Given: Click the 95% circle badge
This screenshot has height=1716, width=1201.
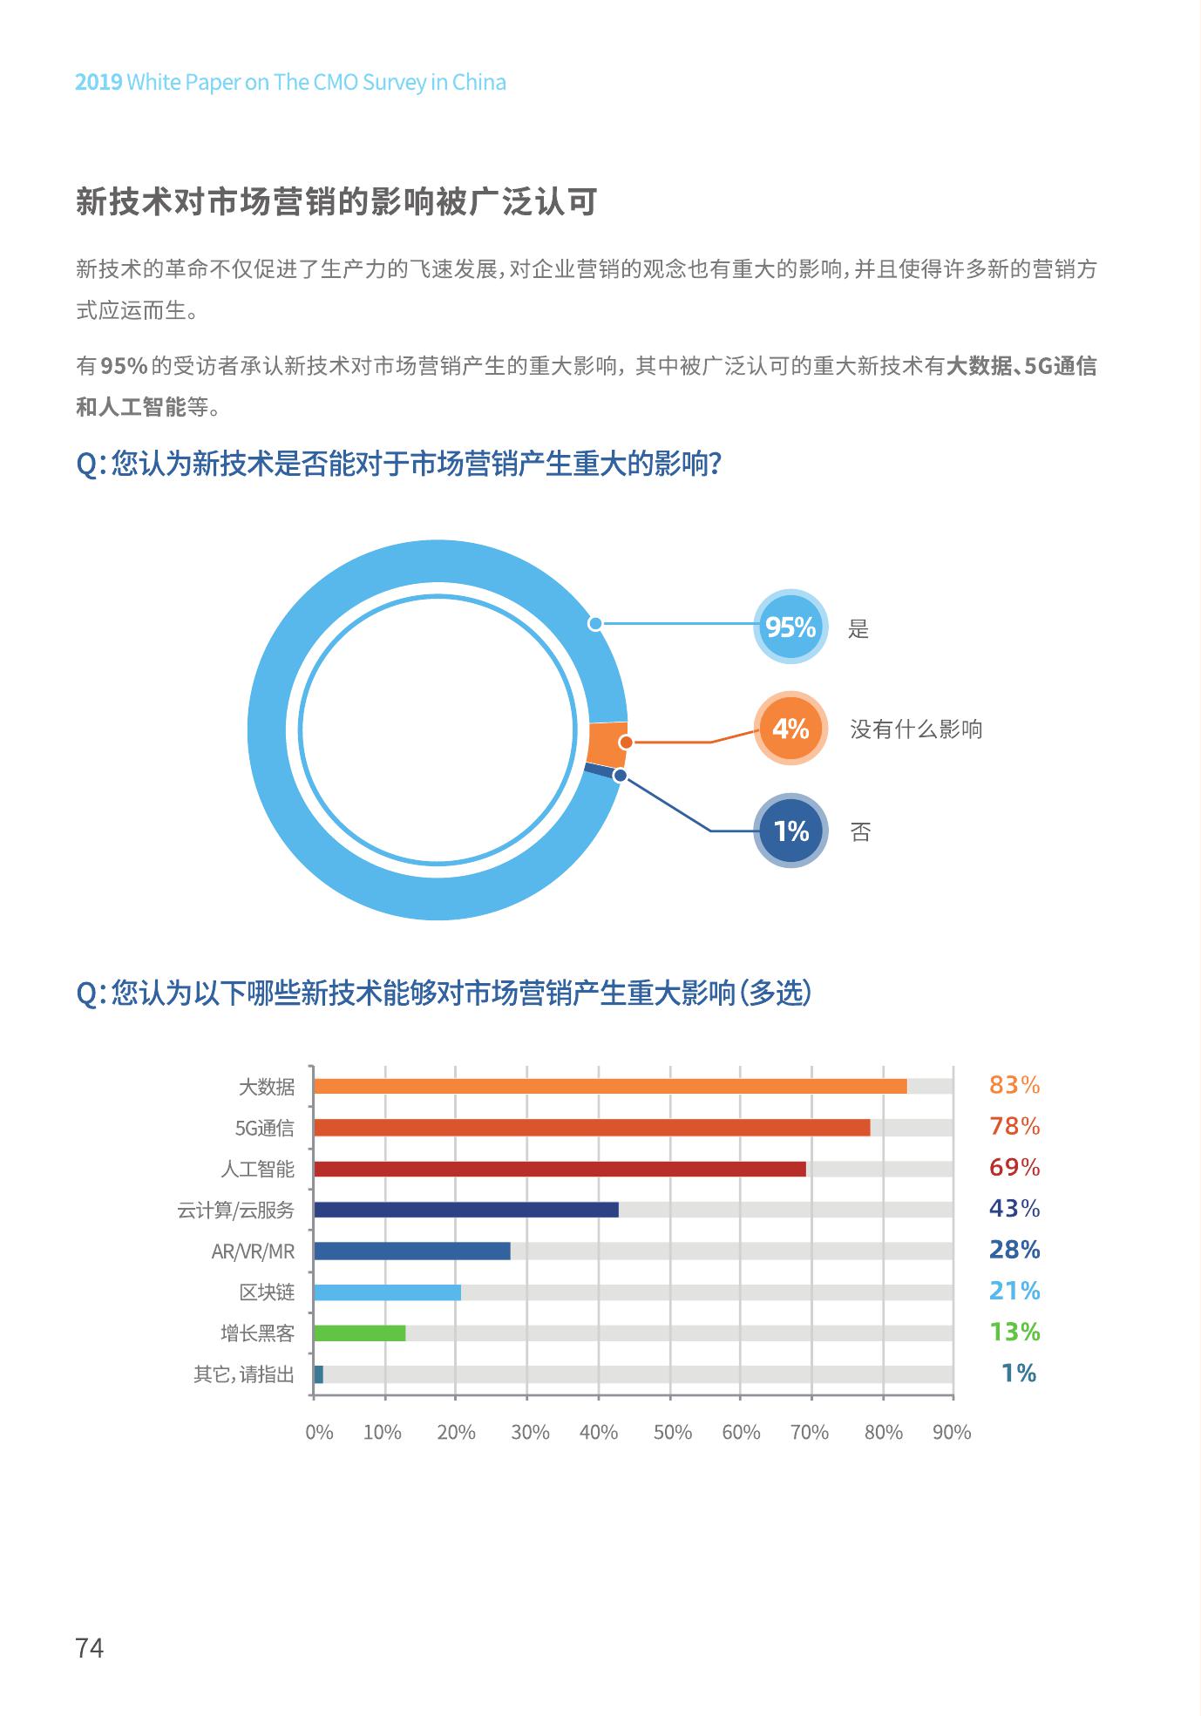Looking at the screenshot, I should coord(790,627).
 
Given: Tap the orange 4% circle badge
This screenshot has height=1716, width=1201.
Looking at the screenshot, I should coord(790,728).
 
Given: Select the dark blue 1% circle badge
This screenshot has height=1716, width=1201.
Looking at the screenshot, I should coord(790,831).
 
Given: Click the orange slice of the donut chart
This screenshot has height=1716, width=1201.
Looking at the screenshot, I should coord(607,744).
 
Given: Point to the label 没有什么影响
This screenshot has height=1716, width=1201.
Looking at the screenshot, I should coord(916,729).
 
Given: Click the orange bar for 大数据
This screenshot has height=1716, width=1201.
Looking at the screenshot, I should coord(610,1086).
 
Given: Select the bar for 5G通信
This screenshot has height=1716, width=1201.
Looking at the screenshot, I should coord(592,1128).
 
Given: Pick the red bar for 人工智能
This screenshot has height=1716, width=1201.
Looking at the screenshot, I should coord(560,1169).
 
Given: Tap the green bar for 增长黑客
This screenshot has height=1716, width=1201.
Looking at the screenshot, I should coord(359,1333).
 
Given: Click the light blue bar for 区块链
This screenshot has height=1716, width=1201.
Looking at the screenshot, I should coord(387,1292).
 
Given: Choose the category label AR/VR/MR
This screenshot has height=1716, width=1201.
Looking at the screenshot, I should coord(253,1251).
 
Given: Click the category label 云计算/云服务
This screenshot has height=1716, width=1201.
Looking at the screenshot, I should coord(235,1211).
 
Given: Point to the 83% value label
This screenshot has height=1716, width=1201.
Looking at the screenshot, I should coord(1014,1085).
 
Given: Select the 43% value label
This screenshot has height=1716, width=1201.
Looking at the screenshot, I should coord(1014,1209).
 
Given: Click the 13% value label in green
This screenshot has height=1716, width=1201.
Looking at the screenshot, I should coord(1014,1332).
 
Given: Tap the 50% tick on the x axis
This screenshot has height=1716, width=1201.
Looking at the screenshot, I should coord(672,1433).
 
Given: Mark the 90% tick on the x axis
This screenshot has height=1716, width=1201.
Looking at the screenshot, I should coord(952,1433).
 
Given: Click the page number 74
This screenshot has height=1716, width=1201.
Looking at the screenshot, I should coord(90,1648).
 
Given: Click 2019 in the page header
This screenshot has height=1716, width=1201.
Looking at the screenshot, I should coord(98,83).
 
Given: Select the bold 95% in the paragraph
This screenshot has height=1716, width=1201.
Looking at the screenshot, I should coord(124,366).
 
